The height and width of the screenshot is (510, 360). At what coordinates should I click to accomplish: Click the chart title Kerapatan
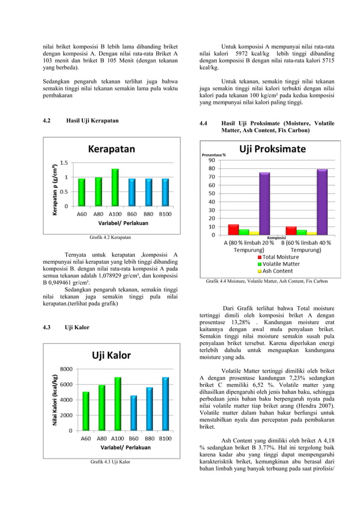point(111,149)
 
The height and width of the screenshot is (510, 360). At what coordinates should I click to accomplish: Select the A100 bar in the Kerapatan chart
point(115,188)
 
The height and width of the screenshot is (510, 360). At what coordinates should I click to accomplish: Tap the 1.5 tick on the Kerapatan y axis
point(64,163)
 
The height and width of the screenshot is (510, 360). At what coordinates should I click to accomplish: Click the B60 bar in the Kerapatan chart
point(131,192)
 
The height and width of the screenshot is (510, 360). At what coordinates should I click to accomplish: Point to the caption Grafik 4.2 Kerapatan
point(110,237)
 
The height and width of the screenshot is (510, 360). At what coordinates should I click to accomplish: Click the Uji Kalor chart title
point(111,355)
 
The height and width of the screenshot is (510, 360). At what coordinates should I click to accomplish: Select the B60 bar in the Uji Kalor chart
point(133,413)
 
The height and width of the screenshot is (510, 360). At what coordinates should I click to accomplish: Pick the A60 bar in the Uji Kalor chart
point(86,411)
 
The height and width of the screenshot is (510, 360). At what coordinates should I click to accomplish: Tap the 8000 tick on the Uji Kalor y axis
point(66,369)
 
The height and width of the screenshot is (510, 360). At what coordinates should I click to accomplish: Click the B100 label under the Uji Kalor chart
point(165,438)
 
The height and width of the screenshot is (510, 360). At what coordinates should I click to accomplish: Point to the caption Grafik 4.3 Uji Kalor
point(110,462)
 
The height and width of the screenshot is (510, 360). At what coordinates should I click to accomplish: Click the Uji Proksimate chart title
point(273,149)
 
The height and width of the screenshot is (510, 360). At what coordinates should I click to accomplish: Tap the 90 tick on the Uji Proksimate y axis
point(212,160)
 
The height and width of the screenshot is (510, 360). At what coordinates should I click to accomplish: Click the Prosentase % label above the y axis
point(214,154)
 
